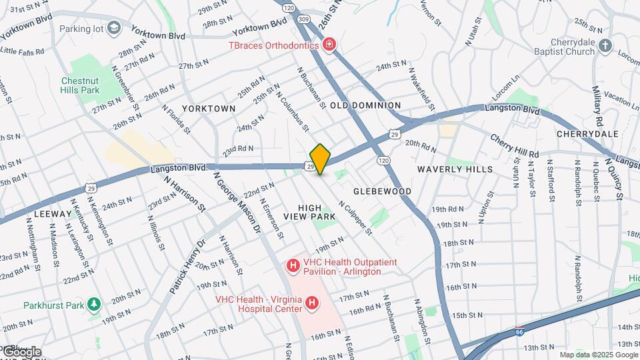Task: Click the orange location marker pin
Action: tap(321, 159)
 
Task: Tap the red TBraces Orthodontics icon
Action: tap(329, 45)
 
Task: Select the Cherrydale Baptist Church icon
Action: tap(605, 45)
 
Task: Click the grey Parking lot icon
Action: tap(113, 29)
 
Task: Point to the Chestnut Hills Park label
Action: tap(79, 85)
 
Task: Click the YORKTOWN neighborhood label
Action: tap(209, 108)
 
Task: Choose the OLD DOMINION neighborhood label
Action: tap(365, 105)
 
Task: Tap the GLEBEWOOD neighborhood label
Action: tap(382, 191)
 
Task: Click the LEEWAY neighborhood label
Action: tap(51, 214)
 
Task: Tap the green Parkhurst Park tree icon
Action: tap(93, 305)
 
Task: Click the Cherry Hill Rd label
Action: tap(514, 146)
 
